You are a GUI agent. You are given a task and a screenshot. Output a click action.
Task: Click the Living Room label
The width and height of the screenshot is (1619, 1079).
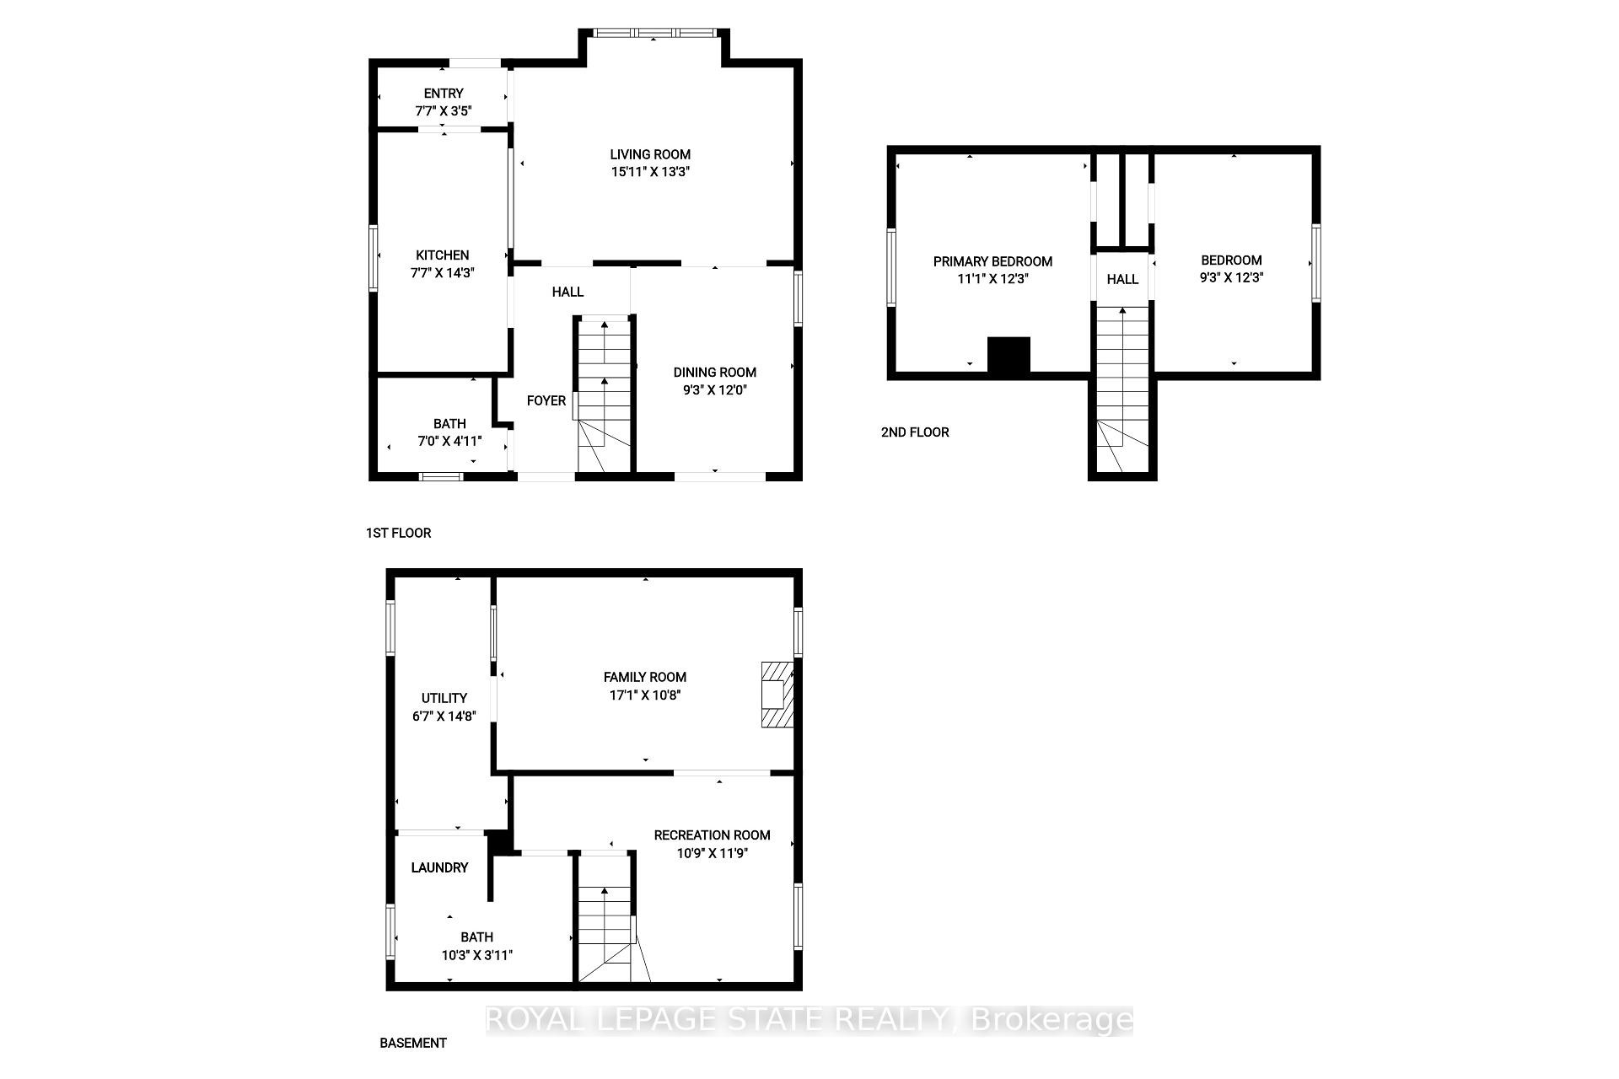(x=650, y=154)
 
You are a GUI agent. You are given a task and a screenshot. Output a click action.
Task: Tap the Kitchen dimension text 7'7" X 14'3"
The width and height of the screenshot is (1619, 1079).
(x=443, y=272)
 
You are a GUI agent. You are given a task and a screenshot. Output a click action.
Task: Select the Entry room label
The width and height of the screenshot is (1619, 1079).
(x=443, y=94)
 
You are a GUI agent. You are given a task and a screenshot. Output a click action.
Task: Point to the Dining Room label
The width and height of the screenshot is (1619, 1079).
(x=714, y=372)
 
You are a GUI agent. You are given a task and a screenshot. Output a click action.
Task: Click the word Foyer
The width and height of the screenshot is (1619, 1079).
(x=546, y=400)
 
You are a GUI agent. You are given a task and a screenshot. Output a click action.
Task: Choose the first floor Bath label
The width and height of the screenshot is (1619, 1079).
(x=449, y=423)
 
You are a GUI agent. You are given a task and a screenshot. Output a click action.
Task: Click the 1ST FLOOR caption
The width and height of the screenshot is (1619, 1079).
(x=398, y=533)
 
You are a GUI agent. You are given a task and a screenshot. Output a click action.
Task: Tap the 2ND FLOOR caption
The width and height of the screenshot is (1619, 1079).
(x=915, y=432)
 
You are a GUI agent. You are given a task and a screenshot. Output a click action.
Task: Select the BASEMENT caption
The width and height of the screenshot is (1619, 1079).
(x=412, y=1043)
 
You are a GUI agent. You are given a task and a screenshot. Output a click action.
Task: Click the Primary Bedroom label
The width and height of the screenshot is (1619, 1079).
(x=992, y=261)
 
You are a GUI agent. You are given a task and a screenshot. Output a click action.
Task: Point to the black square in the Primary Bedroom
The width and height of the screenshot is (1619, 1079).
(x=1009, y=354)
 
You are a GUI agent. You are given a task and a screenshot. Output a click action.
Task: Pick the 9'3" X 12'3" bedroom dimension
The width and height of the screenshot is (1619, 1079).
(x=1231, y=277)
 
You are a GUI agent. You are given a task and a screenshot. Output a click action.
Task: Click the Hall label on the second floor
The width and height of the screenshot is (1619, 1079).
(x=1122, y=279)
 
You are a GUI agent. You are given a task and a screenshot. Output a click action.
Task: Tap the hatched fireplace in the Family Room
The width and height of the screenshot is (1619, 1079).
(x=777, y=694)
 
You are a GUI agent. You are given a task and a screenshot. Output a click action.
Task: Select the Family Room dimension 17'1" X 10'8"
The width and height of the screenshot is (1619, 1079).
(x=645, y=695)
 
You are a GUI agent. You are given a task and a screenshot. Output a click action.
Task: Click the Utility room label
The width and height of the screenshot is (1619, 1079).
(x=444, y=698)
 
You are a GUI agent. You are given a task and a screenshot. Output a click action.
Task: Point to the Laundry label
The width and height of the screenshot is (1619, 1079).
(x=439, y=867)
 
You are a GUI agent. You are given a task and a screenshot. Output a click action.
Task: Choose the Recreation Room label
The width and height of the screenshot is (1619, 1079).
(x=712, y=835)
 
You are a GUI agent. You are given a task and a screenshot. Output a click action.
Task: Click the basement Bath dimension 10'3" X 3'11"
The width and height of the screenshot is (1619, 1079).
(x=476, y=955)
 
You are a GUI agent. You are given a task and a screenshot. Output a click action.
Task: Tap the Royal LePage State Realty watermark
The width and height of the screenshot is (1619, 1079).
(x=809, y=1020)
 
